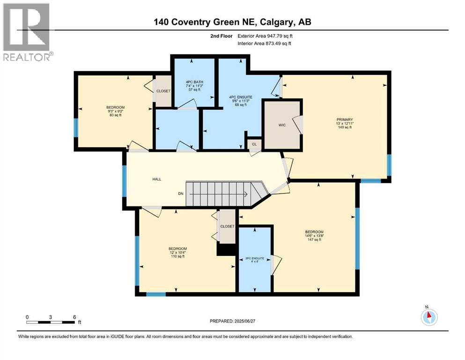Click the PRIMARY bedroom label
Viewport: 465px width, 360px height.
tap(341, 119)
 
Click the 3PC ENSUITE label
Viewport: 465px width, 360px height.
tap(255, 258)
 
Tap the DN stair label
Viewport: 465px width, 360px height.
tap(180, 193)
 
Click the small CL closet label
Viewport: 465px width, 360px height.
tap(254, 144)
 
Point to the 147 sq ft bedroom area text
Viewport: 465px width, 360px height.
tap(314, 240)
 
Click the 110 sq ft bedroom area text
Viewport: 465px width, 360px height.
tap(178, 256)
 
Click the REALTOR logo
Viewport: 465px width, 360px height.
tap(27, 32)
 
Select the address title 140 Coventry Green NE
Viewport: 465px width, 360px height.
tap(232, 22)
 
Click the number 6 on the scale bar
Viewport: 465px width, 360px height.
tap(74, 316)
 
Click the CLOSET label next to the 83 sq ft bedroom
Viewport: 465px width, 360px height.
tap(163, 91)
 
